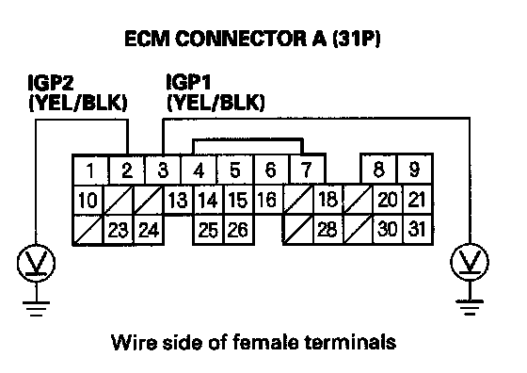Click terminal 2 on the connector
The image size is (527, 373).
point(127,170)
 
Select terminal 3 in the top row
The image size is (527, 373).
point(163,170)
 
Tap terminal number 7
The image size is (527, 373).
point(307,170)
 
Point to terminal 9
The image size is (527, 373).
point(415,170)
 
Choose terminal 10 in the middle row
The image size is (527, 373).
point(88,200)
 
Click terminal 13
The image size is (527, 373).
point(178,200)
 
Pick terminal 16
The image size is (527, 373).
point(267,200)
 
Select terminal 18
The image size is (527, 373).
point(327,200)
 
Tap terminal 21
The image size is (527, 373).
point(417,200)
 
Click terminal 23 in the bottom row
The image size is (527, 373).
point(118,230)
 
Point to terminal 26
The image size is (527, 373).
point(238,230)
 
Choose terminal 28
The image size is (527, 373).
point(327,230)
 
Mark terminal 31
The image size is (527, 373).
point(417,230)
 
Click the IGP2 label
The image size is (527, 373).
point(51,83)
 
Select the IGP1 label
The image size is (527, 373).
point(188,82)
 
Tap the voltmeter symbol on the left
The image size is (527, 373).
point(36,263)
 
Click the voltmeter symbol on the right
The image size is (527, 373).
point(470,262)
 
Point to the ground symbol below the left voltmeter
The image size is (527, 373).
point(36,309)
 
